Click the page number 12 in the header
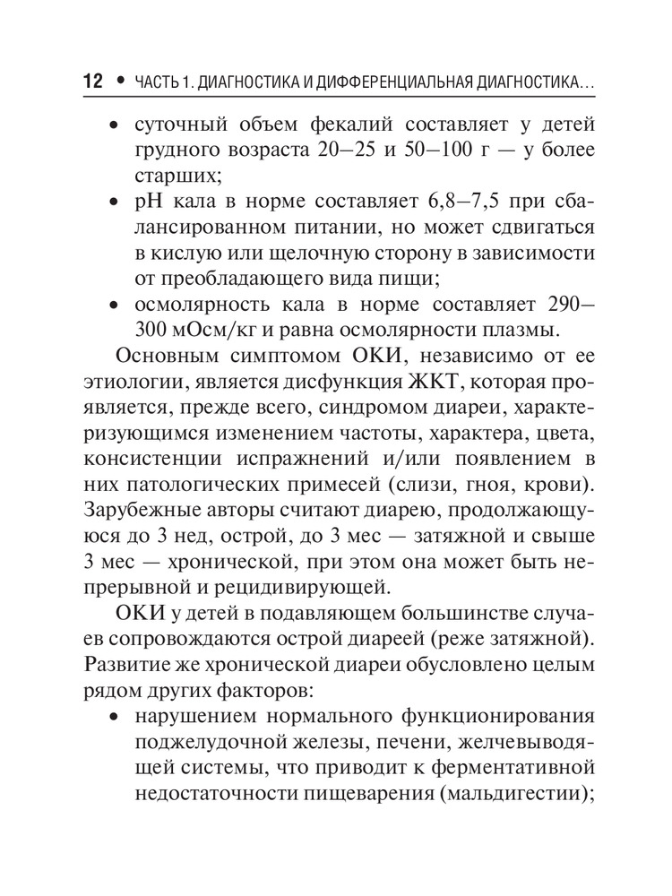click(93, 82)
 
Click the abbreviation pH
click(147, 203)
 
